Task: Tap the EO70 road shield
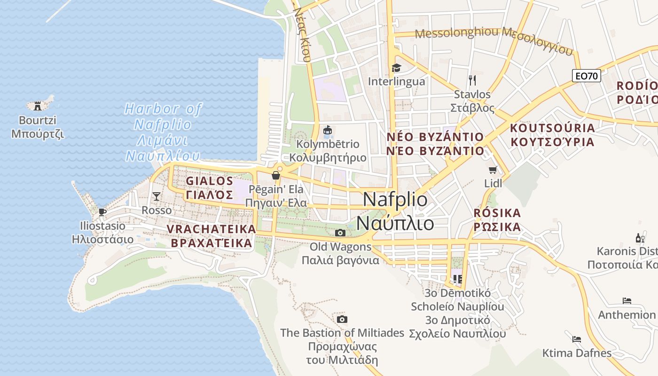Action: coord(587,75)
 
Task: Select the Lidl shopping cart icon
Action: coord(493,170)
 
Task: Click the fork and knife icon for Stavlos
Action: coord(472,80)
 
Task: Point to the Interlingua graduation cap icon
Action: coord(396,68)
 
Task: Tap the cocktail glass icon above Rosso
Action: coord(157,196)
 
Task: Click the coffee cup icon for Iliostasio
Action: coord(102,212)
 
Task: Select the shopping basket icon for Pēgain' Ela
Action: coord(276,175)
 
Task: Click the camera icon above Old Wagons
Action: coord(340,233)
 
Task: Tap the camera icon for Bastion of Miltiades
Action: coord(342,320)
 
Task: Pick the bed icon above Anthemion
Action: coord(627,301)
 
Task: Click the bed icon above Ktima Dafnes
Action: coord(577,339)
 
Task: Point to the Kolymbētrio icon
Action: coord(328,130)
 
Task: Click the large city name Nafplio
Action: coord(395,200)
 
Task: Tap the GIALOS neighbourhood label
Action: coord(210,181)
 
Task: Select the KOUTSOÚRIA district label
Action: coord(552,128)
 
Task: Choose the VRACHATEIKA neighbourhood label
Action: coord(211,229)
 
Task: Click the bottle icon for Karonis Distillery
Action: coord(640,238)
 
